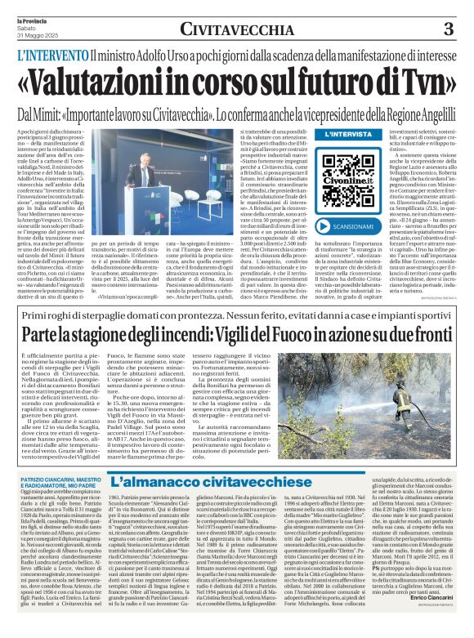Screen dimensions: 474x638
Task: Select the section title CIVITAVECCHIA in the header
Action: click(x=237, y=30)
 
